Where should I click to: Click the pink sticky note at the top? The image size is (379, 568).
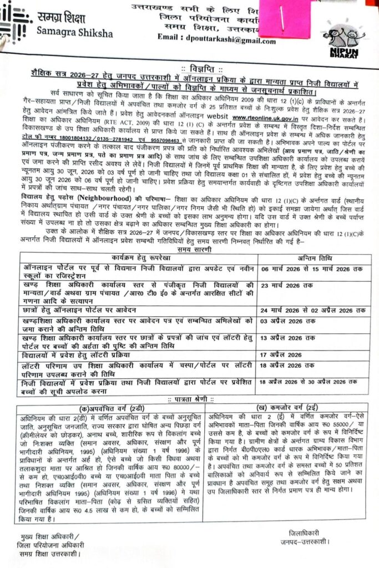(x=284, y=20)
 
